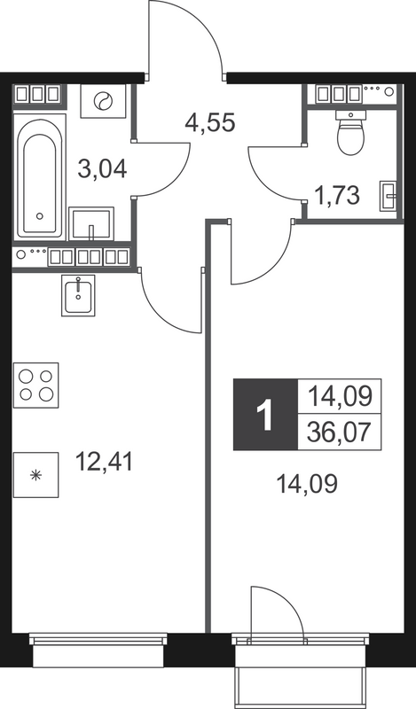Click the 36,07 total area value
[340, 433]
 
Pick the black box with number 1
[263, 414]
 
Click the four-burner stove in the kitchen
[35, 385]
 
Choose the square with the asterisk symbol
[35, 475]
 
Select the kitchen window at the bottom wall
[98, 639]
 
